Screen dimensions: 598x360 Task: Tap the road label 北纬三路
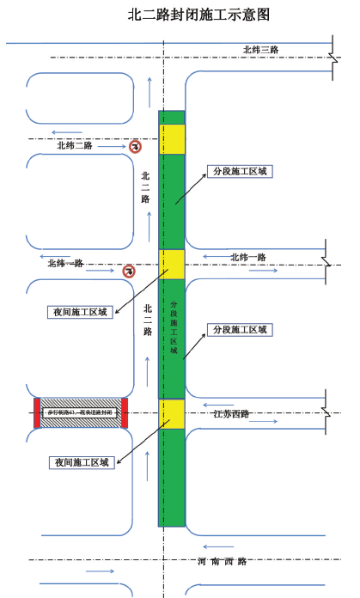(x=260, y=50)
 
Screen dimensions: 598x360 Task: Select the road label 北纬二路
(x=75, y=145)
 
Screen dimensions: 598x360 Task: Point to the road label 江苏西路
(x=231, y=414)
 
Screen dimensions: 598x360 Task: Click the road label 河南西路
(x=222, y=561)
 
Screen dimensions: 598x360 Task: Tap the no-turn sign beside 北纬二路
(x=135, y=147)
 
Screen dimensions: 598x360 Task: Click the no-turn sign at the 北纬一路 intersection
(x=128, y=272)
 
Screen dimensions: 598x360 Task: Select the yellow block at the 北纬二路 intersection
(x=171, y=139)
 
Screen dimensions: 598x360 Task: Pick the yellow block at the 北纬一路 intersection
(x=171, y=265)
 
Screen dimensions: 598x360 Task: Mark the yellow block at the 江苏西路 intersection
(x=171, y=414)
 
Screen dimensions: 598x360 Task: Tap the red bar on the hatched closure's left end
(x=37, y=413)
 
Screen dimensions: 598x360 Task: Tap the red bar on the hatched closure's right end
(x=125, y=413)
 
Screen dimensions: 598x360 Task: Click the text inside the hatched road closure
(x=81, y=414)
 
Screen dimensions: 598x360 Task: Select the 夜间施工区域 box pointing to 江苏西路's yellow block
(x=81, y=462)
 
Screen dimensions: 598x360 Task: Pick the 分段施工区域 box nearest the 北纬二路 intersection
(x=240, y=171)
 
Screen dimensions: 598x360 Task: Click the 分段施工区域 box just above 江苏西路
(x=240, y=329)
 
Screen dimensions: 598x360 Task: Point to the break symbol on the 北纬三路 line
(x=333, y=58)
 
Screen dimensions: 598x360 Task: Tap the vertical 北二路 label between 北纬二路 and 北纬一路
(x=145, y=187)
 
